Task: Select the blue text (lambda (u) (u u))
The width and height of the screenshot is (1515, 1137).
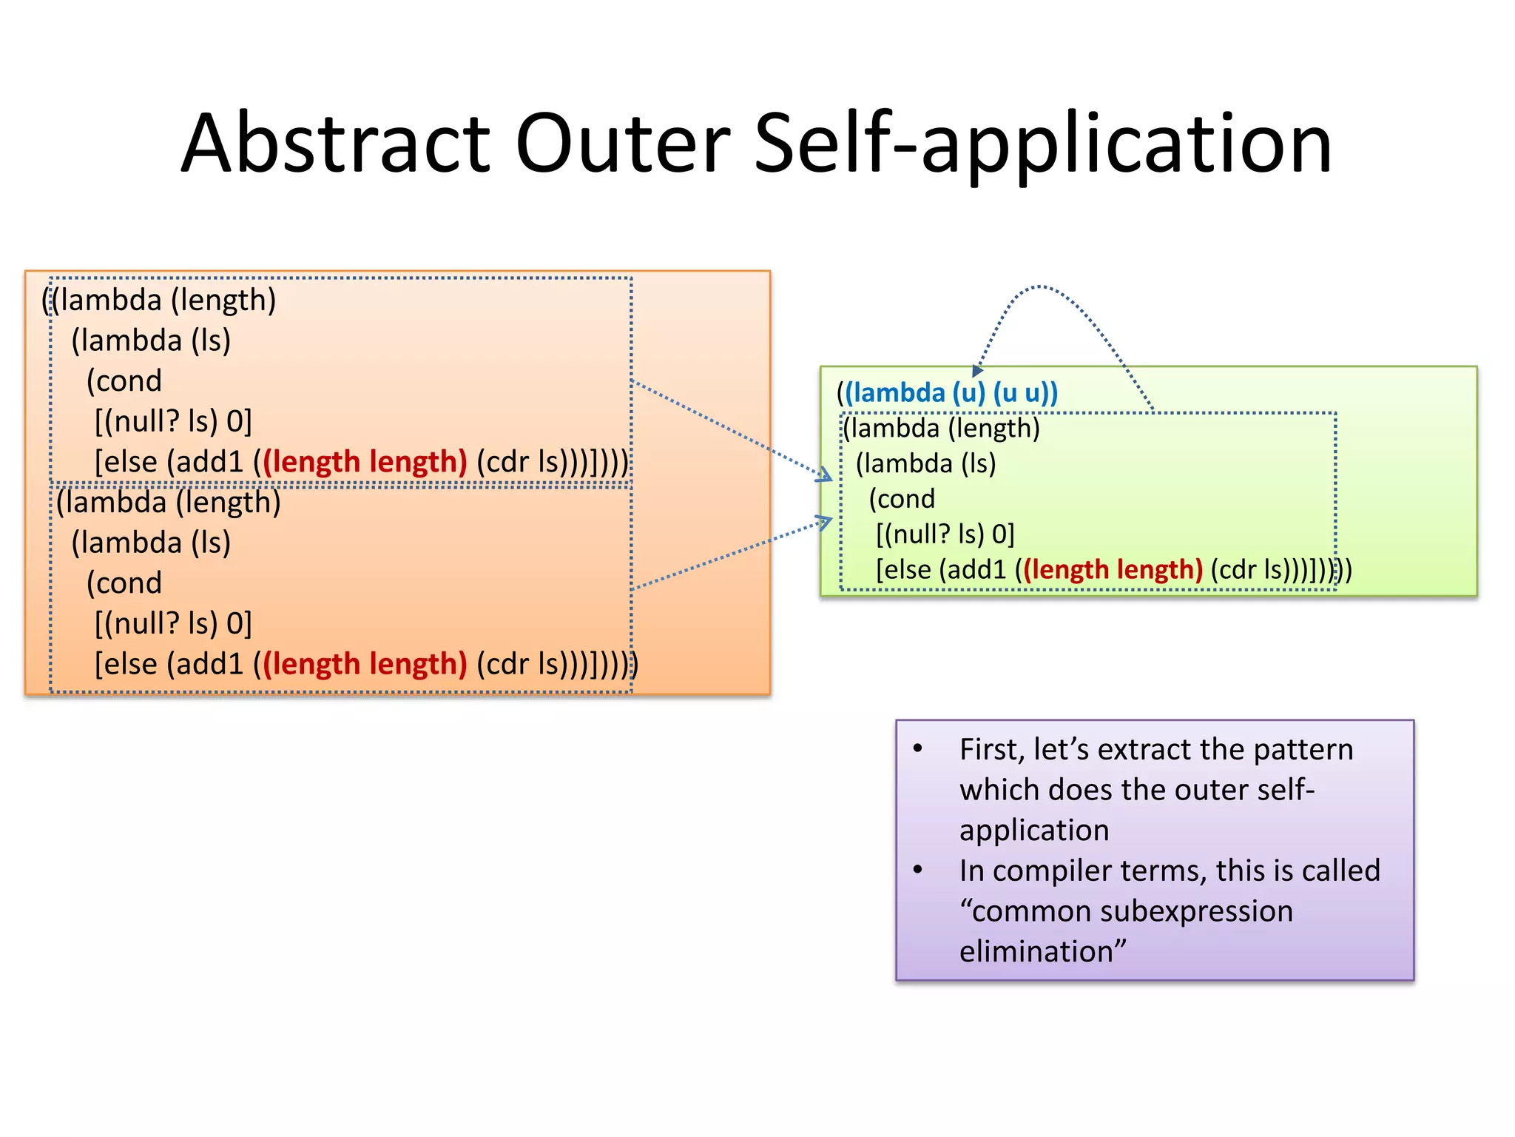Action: pos(951,392)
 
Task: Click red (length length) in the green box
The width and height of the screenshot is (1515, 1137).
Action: pos(1113,569)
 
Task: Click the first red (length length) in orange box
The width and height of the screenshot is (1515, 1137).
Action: pos(365,462)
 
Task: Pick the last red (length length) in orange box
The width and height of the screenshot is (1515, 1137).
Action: pos(365,664)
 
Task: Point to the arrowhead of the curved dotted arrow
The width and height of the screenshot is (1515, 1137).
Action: pos(977,371)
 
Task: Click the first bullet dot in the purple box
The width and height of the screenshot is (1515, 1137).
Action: pos(917,748)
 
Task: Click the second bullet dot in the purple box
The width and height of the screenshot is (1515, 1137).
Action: pos(917,870)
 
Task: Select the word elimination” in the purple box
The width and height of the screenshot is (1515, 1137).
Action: pos(1042,951)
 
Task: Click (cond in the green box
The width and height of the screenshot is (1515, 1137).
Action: pos(902,499)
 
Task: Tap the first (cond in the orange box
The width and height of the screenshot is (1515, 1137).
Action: pos(124,381)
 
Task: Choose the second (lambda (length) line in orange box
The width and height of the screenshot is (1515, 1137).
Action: pos(169,503)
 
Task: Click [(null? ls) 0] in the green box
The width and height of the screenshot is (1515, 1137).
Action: pos(945,534)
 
